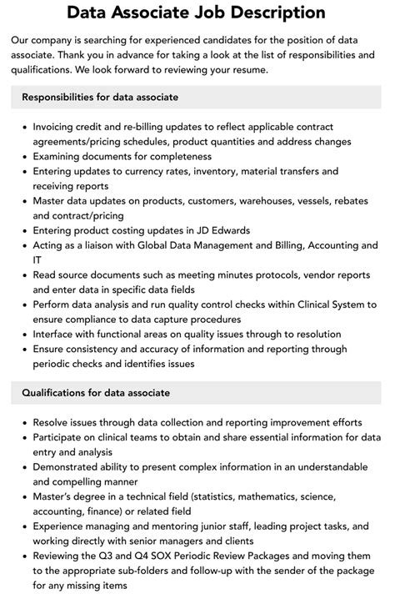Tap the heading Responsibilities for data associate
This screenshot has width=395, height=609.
pos(100,98)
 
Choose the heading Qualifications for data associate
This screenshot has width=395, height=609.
pos(96,392)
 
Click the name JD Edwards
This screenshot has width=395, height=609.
pos(222,230)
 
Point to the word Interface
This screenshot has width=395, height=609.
pos(57,334)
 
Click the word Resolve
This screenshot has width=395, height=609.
pos(52,421)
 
